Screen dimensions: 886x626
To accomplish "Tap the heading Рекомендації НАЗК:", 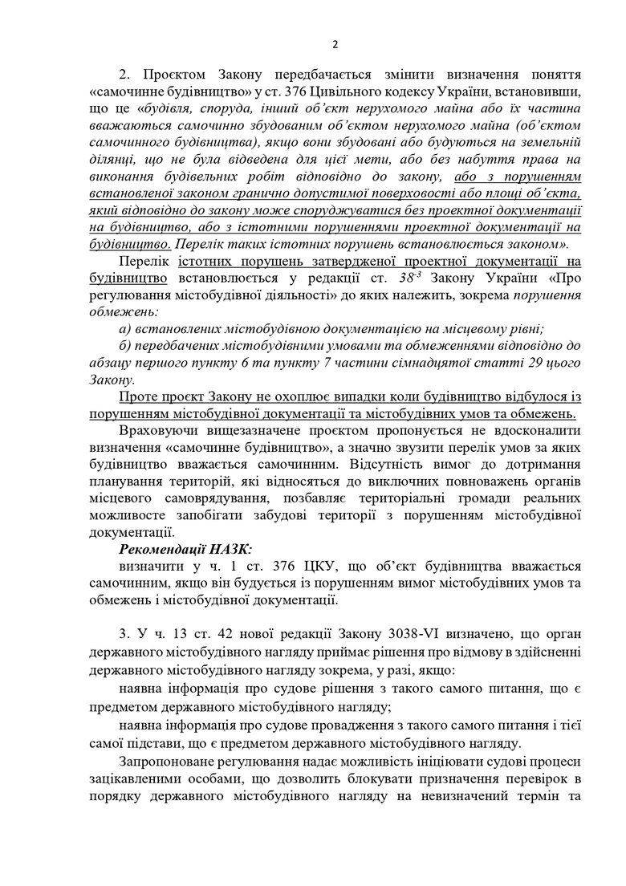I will pyautogui.click(x=185, y=548).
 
